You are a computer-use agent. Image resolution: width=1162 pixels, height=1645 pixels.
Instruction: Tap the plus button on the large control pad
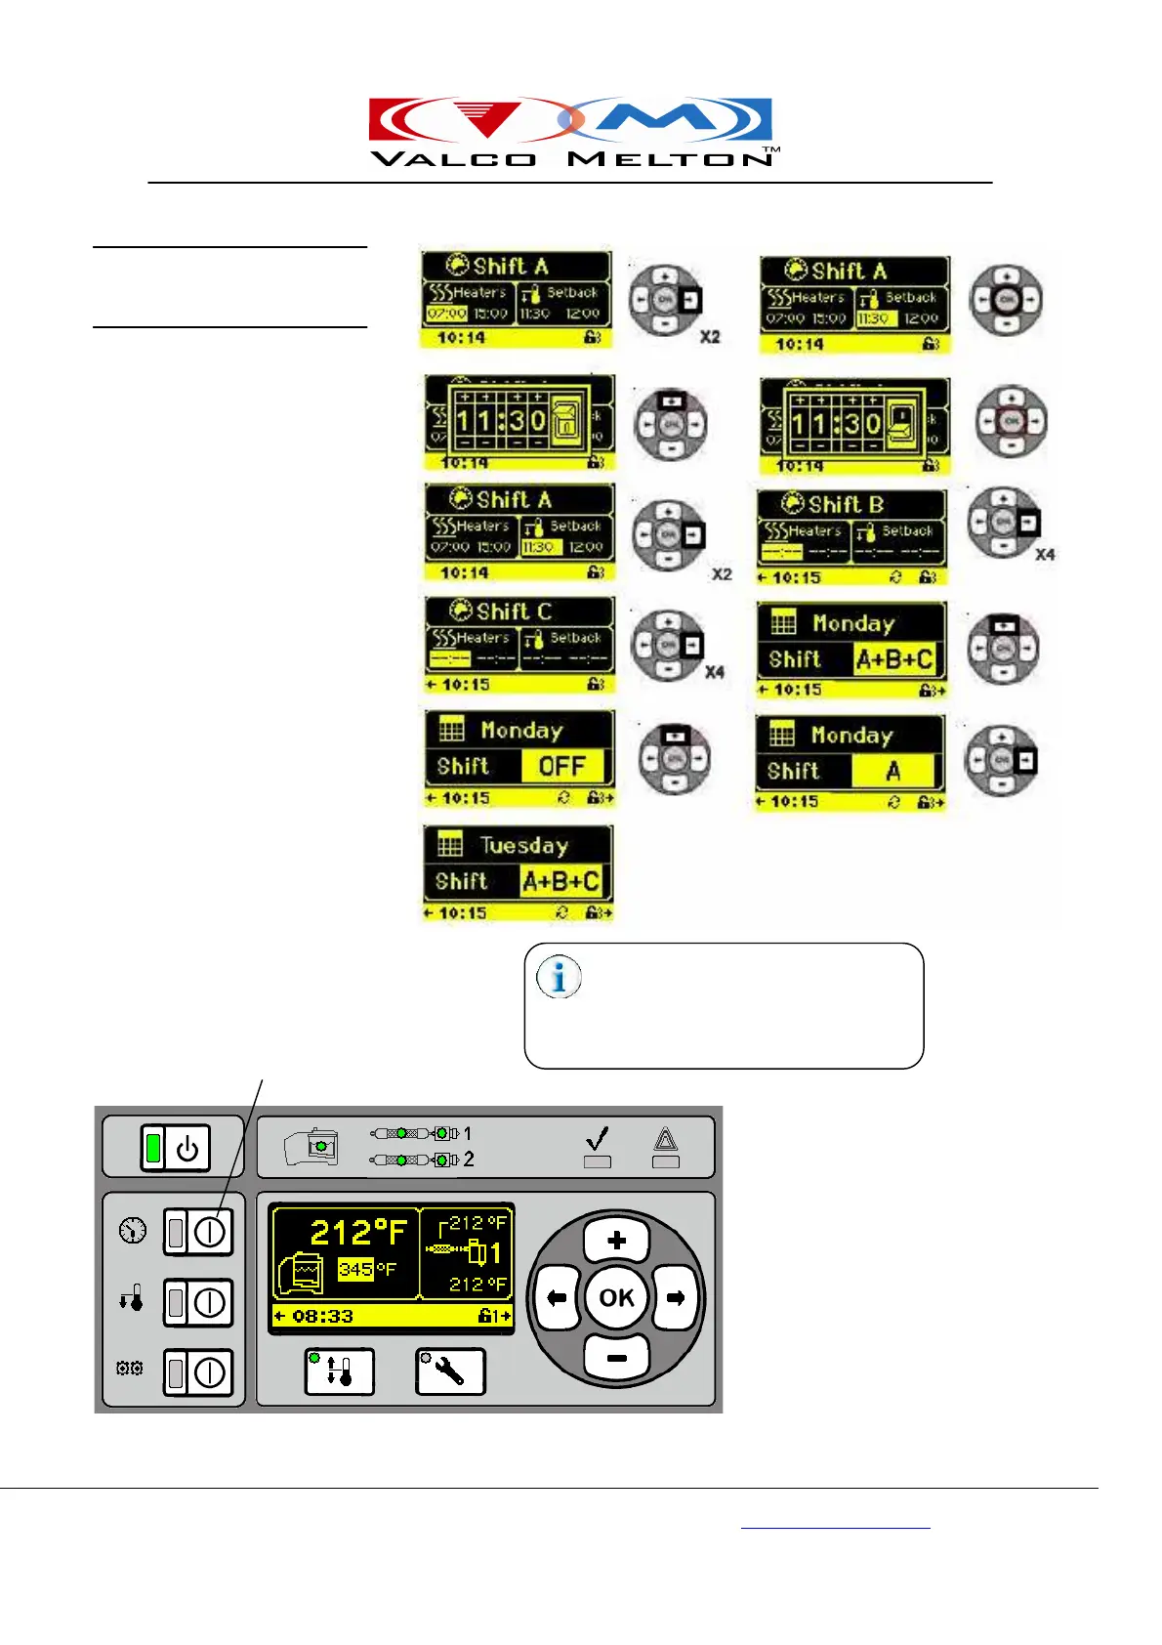pyautogui.click(x=616, y=1241)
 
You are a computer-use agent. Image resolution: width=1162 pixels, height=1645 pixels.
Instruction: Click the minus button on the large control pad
pyautogui.click(x=616, y=1357)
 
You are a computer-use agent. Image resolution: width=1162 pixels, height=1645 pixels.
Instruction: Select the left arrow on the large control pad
pyautogui.click(x=558, y=1298)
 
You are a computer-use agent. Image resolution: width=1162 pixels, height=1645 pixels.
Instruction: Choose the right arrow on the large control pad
pyautogui.click(x=675, y=1298)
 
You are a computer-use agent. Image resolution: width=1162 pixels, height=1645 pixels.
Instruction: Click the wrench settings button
pyautogui.click(x=449, y=1372)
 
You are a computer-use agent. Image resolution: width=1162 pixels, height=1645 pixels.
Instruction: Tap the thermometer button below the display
pyautogui.click(x=339, y=1372)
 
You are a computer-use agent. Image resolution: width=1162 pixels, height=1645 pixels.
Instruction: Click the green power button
pyautogui.click(x=175, y=1148)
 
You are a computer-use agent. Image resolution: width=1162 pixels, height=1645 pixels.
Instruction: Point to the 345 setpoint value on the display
pyautogui.click(x=355, y=1270)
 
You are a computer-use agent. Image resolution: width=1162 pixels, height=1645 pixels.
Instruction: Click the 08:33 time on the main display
pyautogui.click(x=321, y=1317)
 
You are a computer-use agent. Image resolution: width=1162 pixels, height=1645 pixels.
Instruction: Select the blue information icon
pyautogui.click(x=560, y=977)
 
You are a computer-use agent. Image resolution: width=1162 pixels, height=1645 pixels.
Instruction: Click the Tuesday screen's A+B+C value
pyautogui.click(x=560, y=881)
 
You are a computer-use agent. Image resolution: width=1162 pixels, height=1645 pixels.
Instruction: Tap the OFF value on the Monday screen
pyautogui.click(x=561, y=767)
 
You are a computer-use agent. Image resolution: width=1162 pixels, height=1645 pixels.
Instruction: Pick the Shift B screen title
pyautogui.click(x=845, y=505)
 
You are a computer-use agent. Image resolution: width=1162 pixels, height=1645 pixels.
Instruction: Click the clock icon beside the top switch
pyautogui.click(x=133, y=1230)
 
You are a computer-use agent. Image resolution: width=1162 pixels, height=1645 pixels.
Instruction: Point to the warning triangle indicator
pyautogui.click(x=665, y=1139)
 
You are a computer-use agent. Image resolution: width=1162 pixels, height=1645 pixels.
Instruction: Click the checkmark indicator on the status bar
pyautogui.click(x=598, y=1139)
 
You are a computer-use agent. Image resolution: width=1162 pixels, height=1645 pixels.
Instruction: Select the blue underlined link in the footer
pyautogui.click(x=835, y=1525)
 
